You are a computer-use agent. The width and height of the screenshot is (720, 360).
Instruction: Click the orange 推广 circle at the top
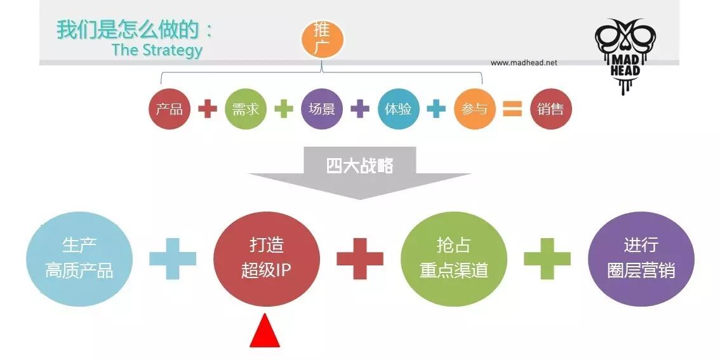tap(322, 39)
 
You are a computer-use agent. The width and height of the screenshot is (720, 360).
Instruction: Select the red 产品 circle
tap(170, 109)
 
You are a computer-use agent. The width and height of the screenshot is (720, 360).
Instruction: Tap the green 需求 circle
tap(246, 109)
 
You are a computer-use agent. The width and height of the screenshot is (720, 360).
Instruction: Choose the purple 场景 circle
tap(322, 109)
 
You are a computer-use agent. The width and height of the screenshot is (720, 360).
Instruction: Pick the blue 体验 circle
tap(398, 109)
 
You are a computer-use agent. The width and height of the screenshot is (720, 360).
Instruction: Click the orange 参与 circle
tap(474, 109)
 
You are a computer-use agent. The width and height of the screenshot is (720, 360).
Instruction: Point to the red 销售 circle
tap(550, 109)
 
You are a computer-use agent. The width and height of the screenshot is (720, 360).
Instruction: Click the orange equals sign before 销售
tap(512, 109)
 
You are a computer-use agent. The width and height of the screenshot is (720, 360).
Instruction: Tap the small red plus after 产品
tap(208, 109)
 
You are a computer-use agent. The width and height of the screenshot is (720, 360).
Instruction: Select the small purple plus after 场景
tap(360, 109)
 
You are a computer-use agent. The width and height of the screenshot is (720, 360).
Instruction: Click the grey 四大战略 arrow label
tap(360, 166)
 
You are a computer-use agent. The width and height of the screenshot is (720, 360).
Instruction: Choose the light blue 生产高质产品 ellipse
tap(79, 259)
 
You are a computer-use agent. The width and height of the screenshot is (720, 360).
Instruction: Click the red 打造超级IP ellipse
tap(267, 259)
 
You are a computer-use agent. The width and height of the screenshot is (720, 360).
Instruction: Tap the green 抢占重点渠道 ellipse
tap(454, 259)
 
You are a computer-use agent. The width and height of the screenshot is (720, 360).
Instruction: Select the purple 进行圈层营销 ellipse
tap(641, 259)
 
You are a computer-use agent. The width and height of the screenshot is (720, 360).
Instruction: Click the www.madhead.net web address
tap(524, 63)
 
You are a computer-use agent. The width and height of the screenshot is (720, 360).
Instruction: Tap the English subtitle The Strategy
tap(157, 50)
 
